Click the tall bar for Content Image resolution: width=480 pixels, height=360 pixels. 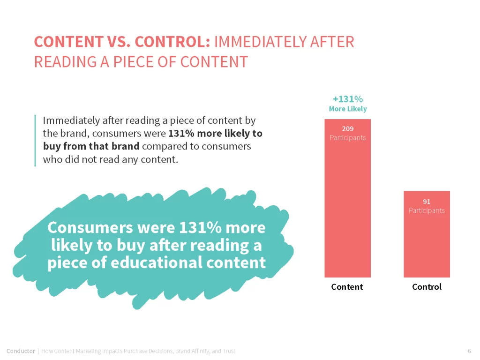point(347,198)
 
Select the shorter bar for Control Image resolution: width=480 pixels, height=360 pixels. point(427,234)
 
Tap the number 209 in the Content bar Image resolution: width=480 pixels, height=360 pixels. point(348,129)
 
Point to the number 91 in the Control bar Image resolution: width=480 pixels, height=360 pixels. point(427,202)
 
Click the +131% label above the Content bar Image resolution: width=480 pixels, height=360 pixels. point(348,99)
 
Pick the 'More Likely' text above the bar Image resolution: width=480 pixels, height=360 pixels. point(348,109)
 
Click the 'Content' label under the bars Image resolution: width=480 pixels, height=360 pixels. point(347,287)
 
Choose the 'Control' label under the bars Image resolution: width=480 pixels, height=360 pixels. point(427,287)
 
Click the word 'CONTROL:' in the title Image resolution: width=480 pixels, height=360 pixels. point(172,42)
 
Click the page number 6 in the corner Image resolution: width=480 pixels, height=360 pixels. point(469,351)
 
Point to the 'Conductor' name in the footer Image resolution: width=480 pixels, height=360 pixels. point(21,351)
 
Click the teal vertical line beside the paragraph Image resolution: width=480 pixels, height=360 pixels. point(35,141)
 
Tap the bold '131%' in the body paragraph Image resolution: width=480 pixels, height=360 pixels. point(181,134)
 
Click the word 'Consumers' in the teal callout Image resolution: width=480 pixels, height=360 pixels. point(90,228)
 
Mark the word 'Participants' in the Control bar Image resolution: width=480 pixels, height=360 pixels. point(427,210)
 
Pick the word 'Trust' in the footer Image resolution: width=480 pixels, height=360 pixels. point(229,351)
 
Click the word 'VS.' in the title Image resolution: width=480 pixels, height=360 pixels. point(119,42)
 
